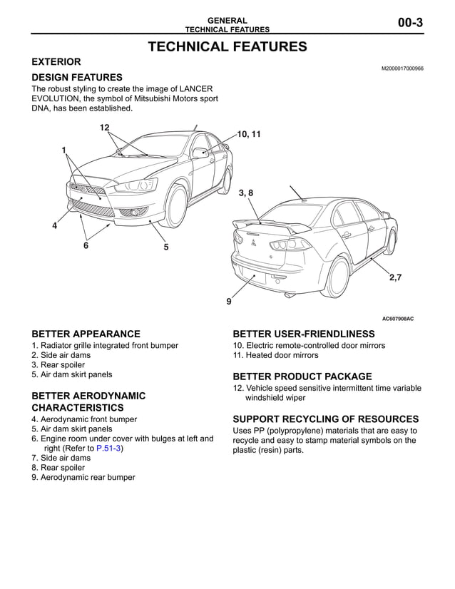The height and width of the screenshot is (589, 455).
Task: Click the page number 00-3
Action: [410, 23]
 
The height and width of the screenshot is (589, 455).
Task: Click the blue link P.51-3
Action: [109, 449]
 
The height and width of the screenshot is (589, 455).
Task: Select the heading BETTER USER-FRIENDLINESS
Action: [303, 334]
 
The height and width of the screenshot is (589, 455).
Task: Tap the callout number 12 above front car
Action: [104, 128]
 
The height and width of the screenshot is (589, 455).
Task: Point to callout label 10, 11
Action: [249, 134]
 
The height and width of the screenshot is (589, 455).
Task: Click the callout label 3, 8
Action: [245, 193]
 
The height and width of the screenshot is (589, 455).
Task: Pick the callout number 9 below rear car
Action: [229, 302]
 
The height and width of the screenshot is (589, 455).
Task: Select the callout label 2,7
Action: [395, 278]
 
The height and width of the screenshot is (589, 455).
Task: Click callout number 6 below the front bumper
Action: [86, 245]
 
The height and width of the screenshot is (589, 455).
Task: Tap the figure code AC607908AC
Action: [397, 319]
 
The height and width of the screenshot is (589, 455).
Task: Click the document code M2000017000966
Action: [402, 68]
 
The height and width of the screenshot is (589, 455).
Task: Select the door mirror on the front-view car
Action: [200, 152]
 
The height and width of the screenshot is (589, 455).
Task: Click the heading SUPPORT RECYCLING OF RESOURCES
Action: [325, 419]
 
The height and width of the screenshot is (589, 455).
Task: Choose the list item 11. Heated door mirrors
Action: [275, 355]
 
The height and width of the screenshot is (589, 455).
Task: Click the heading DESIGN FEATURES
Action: [77, 77]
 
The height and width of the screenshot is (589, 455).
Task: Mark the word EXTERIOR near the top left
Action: [56, 62]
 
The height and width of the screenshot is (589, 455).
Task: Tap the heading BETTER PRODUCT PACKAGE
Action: [302, 377]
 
